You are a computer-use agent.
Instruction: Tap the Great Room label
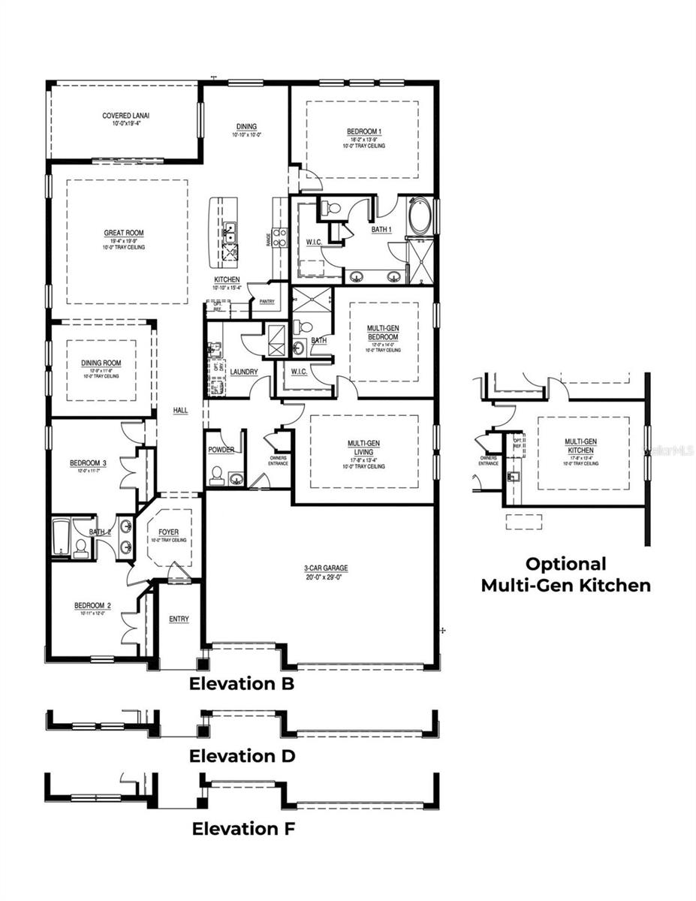pyautogui.click(x=124, y=234)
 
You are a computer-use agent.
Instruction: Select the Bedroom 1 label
pyautogui.click(x=364, y=132)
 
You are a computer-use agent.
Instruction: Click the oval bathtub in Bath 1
pyautogui.click(x=421, y=217)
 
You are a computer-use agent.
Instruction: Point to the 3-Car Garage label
pyautogui.click(x=320, y=568)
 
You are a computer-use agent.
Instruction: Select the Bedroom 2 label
pyautogui.click(x=92, y=606)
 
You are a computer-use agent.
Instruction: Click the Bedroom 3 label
pyautogui.click(x=88, y=463)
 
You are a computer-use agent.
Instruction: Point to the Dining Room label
pyautogui.click(x=101, y=363)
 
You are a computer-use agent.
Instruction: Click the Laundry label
pyautogui.click(x=244, y=372)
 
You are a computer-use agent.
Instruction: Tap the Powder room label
pyautogui.click(x=221, y=450)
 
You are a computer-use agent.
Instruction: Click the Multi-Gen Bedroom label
pyautogui.click(x=382, y=333)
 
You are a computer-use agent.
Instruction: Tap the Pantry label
pyautogui.click(x=267, y=302)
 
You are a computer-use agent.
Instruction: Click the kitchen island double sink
pyautogui.click(x=230, y=233)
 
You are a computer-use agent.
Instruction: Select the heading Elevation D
pyautogui.click(x=243, y=755)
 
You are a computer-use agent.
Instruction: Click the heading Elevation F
pyautogui.click(x=243, y=829)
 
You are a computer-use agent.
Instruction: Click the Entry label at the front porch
pyautogui.click(x=179, y=619)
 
